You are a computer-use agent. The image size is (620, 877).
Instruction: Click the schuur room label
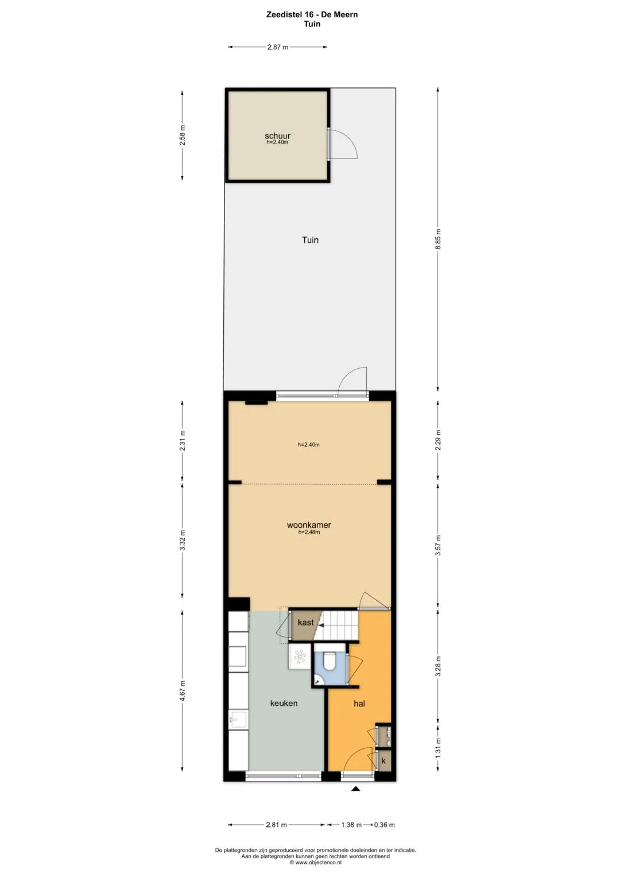pyautogui.click(x=277, y=136)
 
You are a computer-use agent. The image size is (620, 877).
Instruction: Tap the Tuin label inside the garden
pyautogui.click(x=310, y=240)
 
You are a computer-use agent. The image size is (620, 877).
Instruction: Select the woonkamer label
pyautogui.click(x=309, y=525)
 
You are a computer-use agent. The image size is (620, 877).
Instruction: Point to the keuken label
pyautogui.click(x=284, y=703)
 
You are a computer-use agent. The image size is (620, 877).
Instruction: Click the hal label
pyautogui.click(x=359, y=704)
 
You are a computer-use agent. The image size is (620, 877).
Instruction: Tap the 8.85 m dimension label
pyautogui.click(x=439, y=242)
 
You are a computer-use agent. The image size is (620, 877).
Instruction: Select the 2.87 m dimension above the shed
pyautogui.click(x=277, y=47)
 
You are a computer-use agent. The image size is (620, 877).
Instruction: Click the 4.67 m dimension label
pyautogui.click(x=182, y=691)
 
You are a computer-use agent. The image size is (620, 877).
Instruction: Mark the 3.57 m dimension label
pyautogui.click(x=439, y=544)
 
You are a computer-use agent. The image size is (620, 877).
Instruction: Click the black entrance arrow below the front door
pyautogui.click(x=355, y=789)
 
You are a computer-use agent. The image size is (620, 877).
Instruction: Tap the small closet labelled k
pyautogui.click(x=383, y=761)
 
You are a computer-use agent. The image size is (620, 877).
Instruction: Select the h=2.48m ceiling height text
pyautogui.click(x=309, y=532)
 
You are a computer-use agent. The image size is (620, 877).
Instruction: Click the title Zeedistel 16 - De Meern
pyautogui.click(x=312, y=14)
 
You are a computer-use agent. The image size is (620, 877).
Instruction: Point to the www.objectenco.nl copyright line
pyautogui.click(x=315, y=862)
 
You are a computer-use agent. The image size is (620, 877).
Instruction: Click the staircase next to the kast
pyautogui.click(x=338, y=625)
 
